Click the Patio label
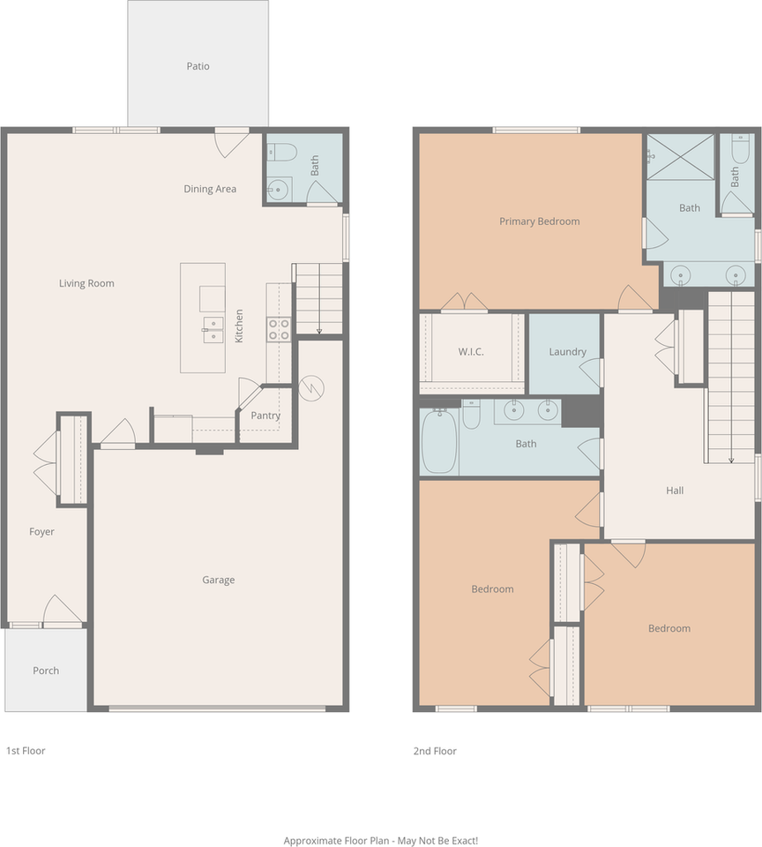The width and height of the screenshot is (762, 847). [x=198, y=66]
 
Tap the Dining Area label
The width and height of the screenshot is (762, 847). [x=210, y=189]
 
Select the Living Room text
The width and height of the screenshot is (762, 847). [x=86, y=283]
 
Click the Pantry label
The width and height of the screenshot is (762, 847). [x=265, y=416]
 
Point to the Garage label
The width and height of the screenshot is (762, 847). [x=218, y=580]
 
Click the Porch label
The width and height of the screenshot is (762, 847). [x=46, y=671]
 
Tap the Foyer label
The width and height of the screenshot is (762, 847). [x=41, y=531]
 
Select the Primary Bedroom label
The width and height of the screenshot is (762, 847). [x=539, y=221]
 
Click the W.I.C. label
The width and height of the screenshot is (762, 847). [x=471, y=352]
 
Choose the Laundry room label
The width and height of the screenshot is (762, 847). [x=567, y=352]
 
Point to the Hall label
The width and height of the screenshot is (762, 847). [x=675, y=491]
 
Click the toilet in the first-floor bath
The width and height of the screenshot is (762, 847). [x=280, y=152]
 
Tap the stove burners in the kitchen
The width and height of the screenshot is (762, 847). [x=279, y=329]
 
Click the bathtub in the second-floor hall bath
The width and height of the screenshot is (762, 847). [x=439, y=441]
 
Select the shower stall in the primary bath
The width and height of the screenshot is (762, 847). [x=681, y=157]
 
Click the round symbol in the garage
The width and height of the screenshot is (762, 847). [x=311, y=387]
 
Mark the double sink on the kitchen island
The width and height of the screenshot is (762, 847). [x=213, y=329]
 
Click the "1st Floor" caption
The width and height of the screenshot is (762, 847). [x=26, y=750]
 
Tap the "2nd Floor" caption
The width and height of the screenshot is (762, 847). [x=435, y=751]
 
